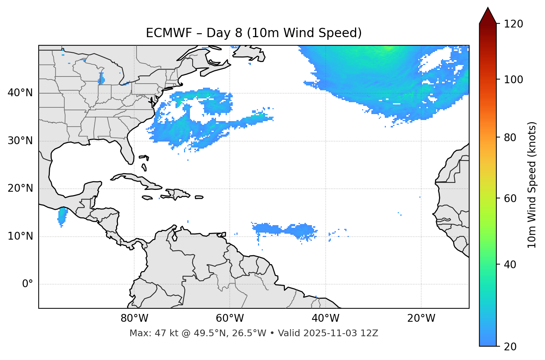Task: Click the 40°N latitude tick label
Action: pyautogui.click(x=20, y=93)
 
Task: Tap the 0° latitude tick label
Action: pyautogui.click(x=28, y=284)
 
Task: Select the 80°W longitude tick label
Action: pyautogui.click(x=134, y=318)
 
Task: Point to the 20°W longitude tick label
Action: pyautogui.click(x=421, y=318)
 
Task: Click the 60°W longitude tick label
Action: pyautogui.click(x=230, y=318)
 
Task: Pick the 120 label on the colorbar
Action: pyautogui.click(x=513, y=24)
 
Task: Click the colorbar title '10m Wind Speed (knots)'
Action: pyautogui.click(x=532, y=185)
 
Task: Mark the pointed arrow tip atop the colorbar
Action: pyautogui.click(x=488, y=9)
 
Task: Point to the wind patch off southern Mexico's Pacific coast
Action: pyautogui.click(x=62, y=217)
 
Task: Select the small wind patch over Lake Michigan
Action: pyautogui.click(x=101, y=79)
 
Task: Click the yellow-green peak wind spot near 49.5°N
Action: pyautogui.click(x=389, y=48)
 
